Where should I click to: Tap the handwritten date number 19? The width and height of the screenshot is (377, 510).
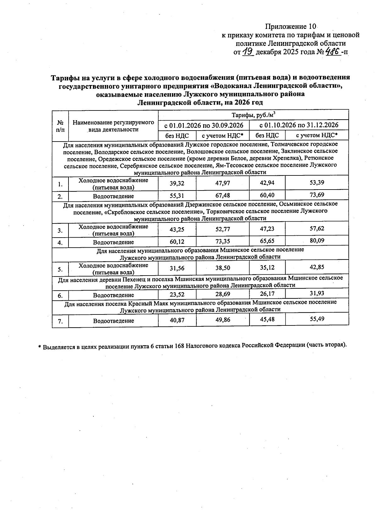point(248,51)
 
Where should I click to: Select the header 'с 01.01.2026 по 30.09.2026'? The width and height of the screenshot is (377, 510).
point(204,125)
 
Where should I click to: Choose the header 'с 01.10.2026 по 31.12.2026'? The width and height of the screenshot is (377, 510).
point(299,125)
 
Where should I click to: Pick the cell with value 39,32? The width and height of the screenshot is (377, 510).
point(177,183)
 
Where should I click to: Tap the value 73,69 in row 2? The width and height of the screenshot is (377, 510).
point(317,195)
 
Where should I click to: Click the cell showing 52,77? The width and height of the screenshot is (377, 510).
point(222,229)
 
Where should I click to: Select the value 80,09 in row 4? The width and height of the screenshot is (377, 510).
point(317,241)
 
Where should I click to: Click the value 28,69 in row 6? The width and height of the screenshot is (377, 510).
point(222,294)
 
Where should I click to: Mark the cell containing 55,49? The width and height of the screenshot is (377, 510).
point(317,319)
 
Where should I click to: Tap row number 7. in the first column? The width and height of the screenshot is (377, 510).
point(60,321)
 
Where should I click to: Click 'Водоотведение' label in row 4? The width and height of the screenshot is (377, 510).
point(113,242)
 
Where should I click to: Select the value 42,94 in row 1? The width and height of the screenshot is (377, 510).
point(267,183)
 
